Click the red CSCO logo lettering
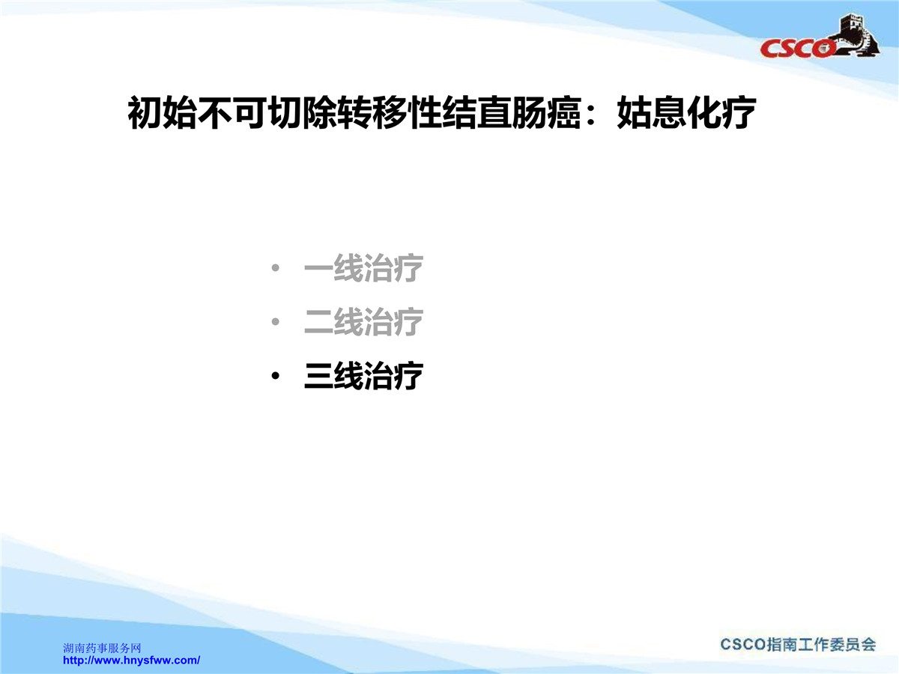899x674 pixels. click(x=797, y=48)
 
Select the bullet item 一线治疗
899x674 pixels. click(x=363, y=268)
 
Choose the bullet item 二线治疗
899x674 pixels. click(x=363, y=322)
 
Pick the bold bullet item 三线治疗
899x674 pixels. click(x=363, y=375)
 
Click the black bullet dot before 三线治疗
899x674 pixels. click(x=275, y=376)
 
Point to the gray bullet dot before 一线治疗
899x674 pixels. click(x=275, y=268)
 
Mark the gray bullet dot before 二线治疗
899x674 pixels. click(x=275, y=322)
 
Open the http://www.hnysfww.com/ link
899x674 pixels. click(x=131, y=660)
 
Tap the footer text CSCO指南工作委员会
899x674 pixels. click(x=798, y=644)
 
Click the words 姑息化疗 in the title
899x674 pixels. click(x=686, y=112)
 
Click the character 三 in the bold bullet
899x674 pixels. click(x=318, y=376)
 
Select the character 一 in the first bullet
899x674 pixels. click(x=318, y=269)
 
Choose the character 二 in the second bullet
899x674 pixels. click(x=318, y=322)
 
